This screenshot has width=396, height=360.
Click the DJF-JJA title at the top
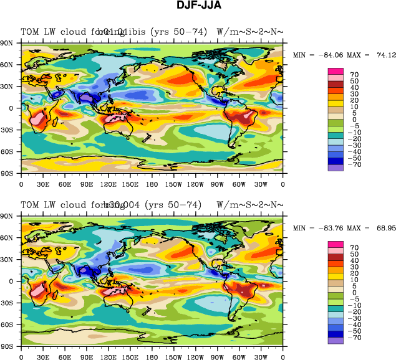[x=198, y=6]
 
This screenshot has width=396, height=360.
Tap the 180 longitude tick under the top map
[x=152, y=184]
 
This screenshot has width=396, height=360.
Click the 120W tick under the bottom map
[x=196, y=357]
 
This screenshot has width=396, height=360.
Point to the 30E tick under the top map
[x=43, y=184]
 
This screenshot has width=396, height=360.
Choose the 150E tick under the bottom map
[x=130, y=357]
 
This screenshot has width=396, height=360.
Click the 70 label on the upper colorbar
[x=354, y=75]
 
